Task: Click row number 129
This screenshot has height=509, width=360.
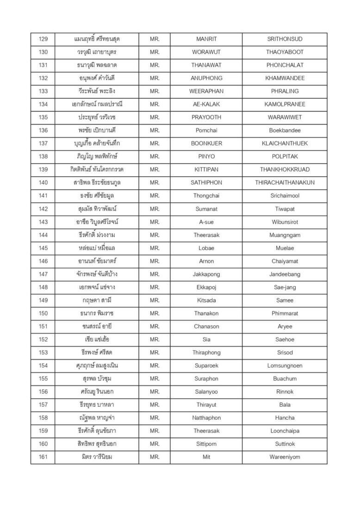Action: [x=43, y=39]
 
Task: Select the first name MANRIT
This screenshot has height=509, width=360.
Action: [x=206, y=39]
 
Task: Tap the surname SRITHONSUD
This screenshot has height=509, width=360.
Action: [x=285, y=39]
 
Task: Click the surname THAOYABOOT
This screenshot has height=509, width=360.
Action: [x=285, y=52]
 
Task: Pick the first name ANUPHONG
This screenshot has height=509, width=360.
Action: [x=206, y=78]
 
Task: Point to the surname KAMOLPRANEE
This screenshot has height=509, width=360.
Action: [x=285, y=105]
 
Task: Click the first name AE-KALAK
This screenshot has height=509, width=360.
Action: [x=206, y=105]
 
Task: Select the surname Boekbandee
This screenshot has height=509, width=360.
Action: [x=285, y=130]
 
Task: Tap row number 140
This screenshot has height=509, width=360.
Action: [x=43, y=183]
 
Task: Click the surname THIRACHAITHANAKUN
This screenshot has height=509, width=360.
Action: [x=285, y=183]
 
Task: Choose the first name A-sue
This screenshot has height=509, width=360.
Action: [x=206, y=222]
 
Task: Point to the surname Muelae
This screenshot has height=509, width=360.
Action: [x=285, y=248]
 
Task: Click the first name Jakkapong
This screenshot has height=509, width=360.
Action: [x=206, y=274]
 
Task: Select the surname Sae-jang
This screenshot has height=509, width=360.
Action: [x=285, y=287]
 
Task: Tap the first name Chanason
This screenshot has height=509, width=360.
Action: [x=206, y=327]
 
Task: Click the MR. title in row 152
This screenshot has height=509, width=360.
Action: [x=155, y=340]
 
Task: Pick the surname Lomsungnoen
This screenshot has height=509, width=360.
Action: [x=285, y=366]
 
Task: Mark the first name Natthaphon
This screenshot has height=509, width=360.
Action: [x=206, y=418]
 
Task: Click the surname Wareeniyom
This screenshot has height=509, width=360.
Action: [x=285, y=457]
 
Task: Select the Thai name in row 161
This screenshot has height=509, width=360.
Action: [x=96, y=457]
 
